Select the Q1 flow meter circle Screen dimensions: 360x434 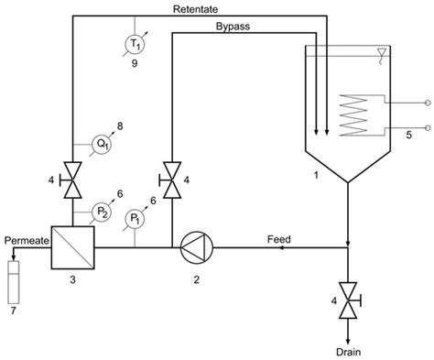102,143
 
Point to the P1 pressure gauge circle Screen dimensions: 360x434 135,218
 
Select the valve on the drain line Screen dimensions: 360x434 349,301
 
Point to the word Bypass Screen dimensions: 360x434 233,27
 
